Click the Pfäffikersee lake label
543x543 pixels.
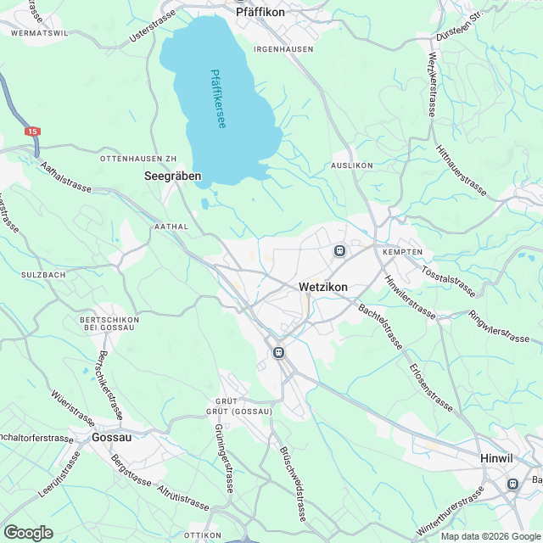(218, 99)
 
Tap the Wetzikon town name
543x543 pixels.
(323, 288)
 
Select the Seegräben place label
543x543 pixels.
(172, 176)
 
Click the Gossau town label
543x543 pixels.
(112, 438)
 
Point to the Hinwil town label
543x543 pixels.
(497, 458)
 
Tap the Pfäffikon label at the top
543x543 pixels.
(260, 13)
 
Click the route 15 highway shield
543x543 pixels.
(32, 132)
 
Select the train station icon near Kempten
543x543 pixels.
(339, 250)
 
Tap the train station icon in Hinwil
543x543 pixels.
(512, 484)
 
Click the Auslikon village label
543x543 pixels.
(352, 165)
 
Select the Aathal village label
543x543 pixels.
(169, 227)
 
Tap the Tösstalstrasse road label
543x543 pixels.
(448, 277)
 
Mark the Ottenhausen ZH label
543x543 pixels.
(137, 159)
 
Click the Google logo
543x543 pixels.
(28, 532)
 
